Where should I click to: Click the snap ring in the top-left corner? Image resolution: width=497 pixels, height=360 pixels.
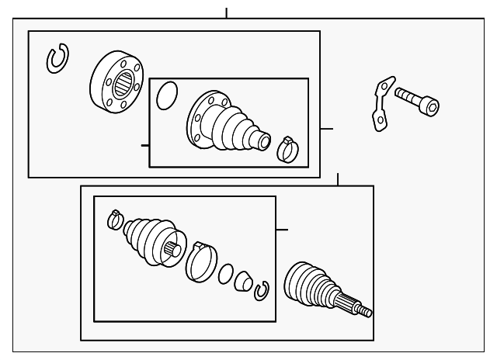57,60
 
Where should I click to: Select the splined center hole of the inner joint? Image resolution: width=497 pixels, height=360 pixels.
122,83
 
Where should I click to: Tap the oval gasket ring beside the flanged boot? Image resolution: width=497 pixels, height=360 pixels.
167,97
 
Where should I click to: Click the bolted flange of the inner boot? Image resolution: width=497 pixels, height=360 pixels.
200,119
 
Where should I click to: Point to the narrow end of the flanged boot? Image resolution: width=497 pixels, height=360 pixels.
262,141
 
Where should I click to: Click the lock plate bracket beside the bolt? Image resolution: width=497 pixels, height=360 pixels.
381,104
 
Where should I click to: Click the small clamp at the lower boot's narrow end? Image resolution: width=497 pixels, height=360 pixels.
116,220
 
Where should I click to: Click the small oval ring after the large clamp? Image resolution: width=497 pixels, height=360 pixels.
226,273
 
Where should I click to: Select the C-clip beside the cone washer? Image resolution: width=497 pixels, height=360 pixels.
262,289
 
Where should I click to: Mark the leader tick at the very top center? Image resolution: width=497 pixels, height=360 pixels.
226,12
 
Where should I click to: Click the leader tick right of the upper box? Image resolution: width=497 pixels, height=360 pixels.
327,129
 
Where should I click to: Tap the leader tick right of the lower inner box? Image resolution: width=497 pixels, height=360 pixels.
282,230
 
